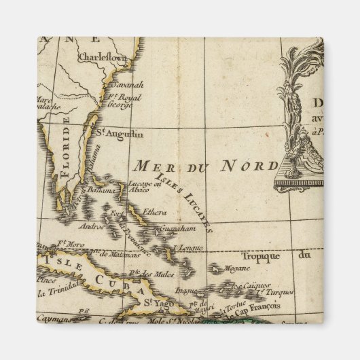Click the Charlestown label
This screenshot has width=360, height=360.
tap(103, 58)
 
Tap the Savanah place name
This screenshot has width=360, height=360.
tap(127, 85)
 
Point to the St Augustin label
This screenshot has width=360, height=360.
tap(111, 132)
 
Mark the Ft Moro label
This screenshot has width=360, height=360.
tap(70, 242)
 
